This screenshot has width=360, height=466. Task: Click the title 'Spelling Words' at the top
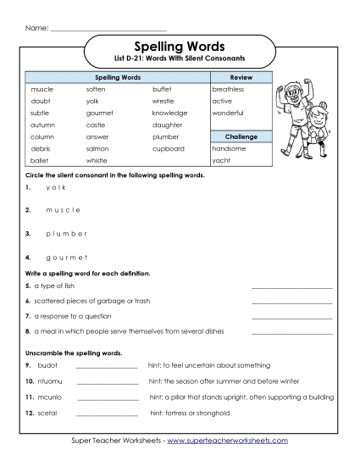(179, 46)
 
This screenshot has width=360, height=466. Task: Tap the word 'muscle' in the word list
(42, 89)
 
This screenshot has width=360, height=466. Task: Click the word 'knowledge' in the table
(170, 113)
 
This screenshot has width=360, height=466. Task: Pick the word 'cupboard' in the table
(168, 148)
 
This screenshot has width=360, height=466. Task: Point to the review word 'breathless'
(228, 89)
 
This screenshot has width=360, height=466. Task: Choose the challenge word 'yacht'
(221, 160)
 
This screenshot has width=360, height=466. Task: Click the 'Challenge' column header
(241, 136)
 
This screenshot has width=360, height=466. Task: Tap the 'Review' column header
(241, 77)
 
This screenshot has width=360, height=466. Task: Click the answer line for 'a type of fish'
(291, 289)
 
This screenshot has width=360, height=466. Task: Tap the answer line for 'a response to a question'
(291, 316)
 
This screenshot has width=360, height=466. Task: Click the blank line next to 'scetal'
(107, 415)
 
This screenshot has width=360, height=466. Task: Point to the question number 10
(29, 381)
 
